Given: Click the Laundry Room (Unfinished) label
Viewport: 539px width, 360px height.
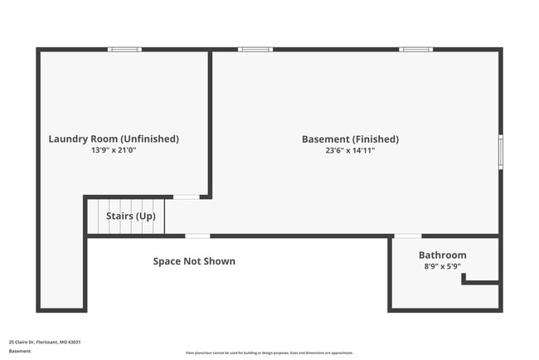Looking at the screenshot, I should click(x=114, y=139).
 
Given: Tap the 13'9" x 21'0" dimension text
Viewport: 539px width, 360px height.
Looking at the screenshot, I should click(x=114, y=151).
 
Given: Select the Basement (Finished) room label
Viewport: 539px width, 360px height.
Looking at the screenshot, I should click(x=350, y=139).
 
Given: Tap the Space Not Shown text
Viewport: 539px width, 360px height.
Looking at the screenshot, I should click(x=194, y=261).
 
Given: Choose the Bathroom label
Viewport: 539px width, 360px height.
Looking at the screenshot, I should click(x=442, y=255).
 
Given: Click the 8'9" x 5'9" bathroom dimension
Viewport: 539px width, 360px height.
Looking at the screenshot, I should click(x=442, y=267).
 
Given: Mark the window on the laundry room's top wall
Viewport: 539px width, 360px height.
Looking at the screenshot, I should click(x=125, y=50).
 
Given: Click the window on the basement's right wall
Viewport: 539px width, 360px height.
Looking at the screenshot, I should click(x=500, y=152).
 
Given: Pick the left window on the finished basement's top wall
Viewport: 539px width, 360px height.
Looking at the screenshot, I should click(x=255, y=50).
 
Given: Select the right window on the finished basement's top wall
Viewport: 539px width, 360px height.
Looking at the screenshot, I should click(x=415, y=50).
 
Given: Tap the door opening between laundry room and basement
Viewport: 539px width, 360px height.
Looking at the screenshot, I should click(x=186, y=197).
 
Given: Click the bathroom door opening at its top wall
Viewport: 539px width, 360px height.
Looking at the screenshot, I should click(x=406, y=236).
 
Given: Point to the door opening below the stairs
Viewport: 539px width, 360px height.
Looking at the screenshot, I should click(x=197, y=236).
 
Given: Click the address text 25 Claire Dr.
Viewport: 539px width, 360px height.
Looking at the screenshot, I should click(x=45, y=342).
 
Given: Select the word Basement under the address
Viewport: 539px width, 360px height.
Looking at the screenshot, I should click(x=20, y=351).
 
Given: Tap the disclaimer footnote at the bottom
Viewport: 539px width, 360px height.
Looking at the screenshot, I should click(x=269, y=353).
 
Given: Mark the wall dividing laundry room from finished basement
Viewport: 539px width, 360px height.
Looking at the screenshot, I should click(x=211, y=124).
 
